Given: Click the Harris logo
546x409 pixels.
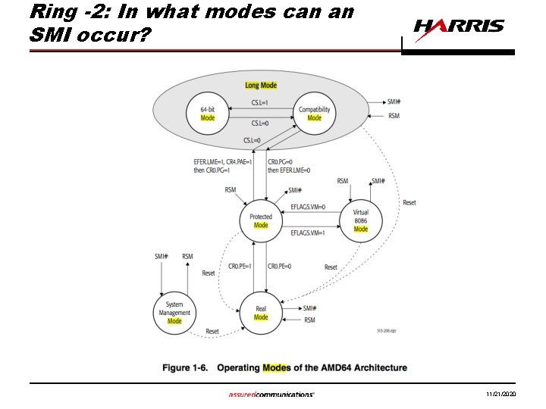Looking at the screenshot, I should pos(459,27).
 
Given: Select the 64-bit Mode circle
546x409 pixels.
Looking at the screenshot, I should pos(206,114).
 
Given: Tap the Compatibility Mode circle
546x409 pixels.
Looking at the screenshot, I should pos(314,114).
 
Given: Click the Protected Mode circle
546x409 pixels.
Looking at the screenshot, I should pos(261,220).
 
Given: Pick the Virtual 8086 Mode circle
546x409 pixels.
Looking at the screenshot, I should pos(361,220).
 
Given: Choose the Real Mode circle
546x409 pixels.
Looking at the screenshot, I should pos(261,313).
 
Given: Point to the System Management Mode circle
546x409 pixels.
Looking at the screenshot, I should pos(174,313).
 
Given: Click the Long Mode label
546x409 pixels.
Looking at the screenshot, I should pos(261,86).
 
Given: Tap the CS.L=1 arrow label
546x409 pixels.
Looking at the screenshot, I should pos(260,103).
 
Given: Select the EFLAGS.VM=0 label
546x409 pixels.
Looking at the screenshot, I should pos(308,207).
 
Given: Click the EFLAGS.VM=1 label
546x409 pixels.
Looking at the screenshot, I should pos(308,233).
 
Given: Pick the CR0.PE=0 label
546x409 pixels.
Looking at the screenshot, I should pos(280,266).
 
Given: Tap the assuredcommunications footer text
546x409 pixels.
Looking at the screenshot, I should pos(271,395).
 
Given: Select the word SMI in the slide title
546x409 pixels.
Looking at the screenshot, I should pos(48,34).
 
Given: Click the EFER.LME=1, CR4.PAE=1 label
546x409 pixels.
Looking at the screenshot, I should pos(228,162).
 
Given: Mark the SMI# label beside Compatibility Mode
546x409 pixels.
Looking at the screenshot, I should pos(394,102).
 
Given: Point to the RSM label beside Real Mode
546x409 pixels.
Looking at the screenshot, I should pos(309,321).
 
